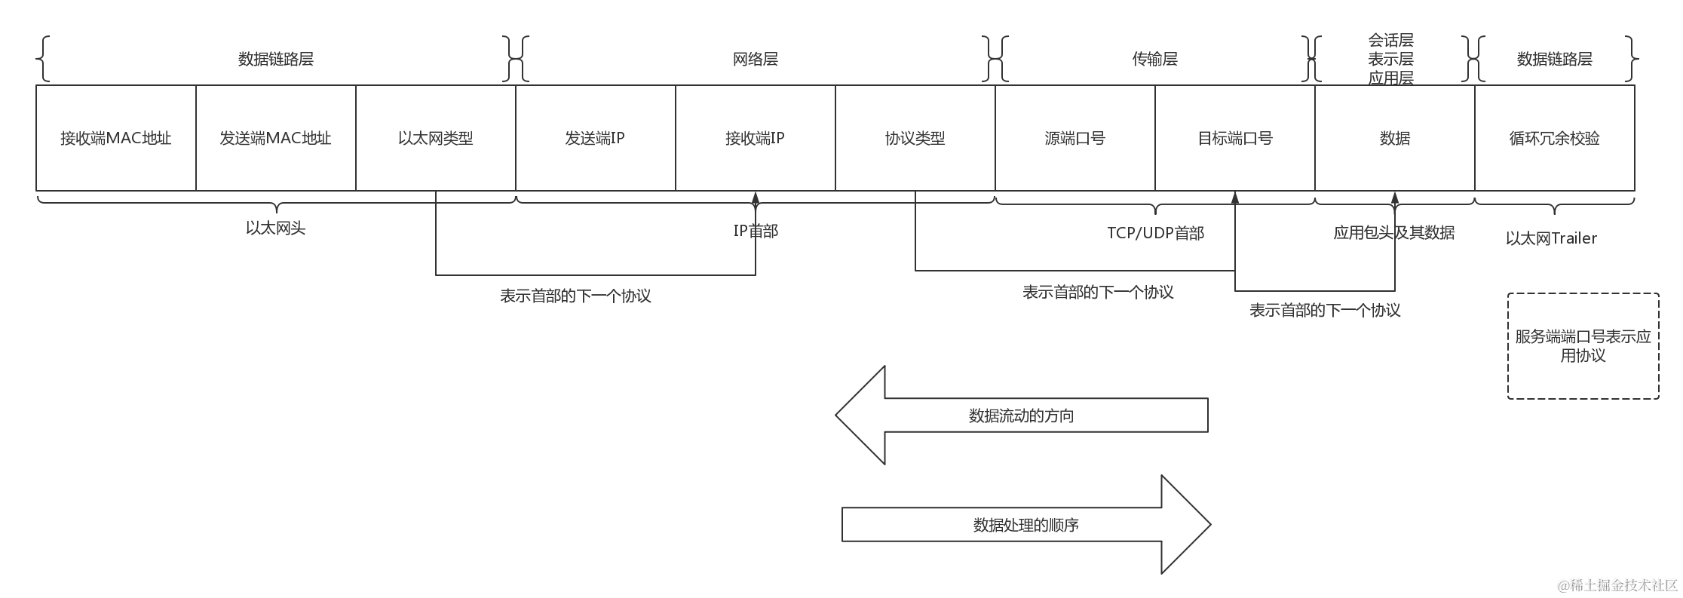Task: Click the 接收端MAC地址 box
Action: tap(116, 138)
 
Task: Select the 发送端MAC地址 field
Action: tap(276, 138)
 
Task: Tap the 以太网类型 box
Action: tap(436, 138)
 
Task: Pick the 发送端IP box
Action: tap(596, 138)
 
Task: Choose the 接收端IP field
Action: tap(756, 138)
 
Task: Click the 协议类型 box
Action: tap(915, 138)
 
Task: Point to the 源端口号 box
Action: tap(1075, 138)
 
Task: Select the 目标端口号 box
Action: tap(1235, 138)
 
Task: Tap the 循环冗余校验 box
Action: tap(1555, 138)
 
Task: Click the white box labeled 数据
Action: tap(1395, 138)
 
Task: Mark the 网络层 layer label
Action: tap(756, 59)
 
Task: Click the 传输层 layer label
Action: tap(1155, 59)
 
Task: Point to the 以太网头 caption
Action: tap(276, 228)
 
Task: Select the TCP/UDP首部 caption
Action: tap(1155, 233)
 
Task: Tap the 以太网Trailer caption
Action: tap(1552, 238)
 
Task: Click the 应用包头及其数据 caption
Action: tap(1394, 233)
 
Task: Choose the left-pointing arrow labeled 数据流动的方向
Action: tap(1022, 416)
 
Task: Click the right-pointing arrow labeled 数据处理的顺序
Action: tap(1025, 525)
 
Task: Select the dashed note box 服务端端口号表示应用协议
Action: tap(1583, 346)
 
